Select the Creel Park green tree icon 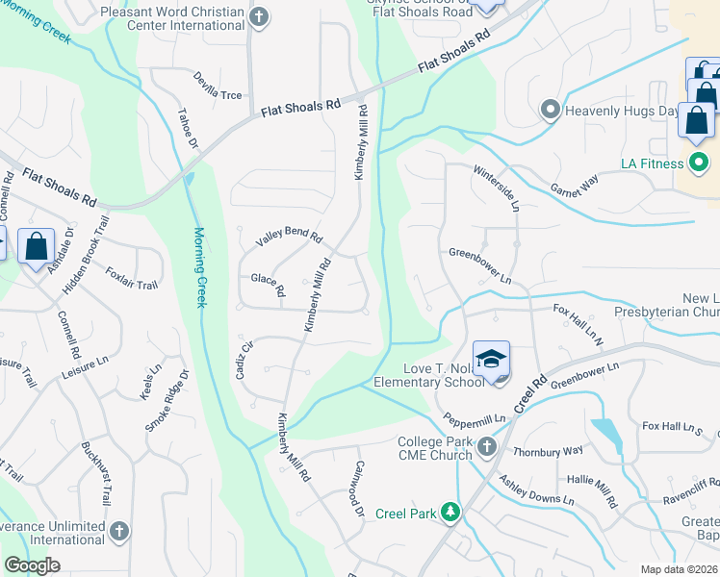click(449, 513)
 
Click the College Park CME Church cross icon click(486, 446)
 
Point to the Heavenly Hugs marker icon click(551, 110)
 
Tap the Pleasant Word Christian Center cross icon click(258, 17)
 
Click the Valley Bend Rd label click(288, 239)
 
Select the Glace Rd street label click(268, 285)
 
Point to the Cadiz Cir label click(244, 360)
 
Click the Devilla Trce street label click(218, 86)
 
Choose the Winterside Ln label click(497, 188)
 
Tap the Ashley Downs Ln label click(539, 494)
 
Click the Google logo click(32, 565)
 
